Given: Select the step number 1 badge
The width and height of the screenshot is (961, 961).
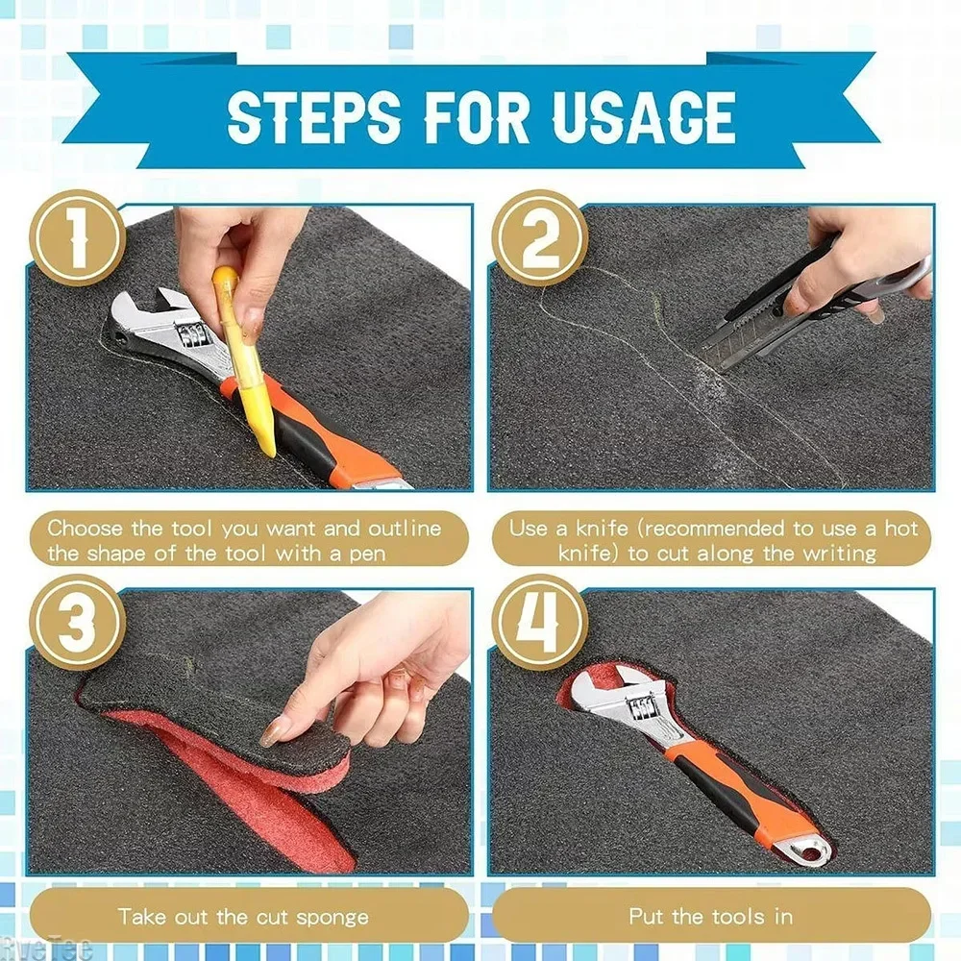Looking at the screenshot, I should pyautogui.click(x=76, y=237).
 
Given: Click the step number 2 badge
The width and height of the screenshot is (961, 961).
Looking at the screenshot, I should pyautogui.click(x=540, y=237).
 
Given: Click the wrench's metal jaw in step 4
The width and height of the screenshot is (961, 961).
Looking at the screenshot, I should pyautogui.click(x=615, y=706).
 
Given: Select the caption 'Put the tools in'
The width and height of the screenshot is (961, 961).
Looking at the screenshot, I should pyautogui.click(x=711, y=916).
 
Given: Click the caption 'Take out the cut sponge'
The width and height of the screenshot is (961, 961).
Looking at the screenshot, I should pyautogui.click(x=243, y=916).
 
